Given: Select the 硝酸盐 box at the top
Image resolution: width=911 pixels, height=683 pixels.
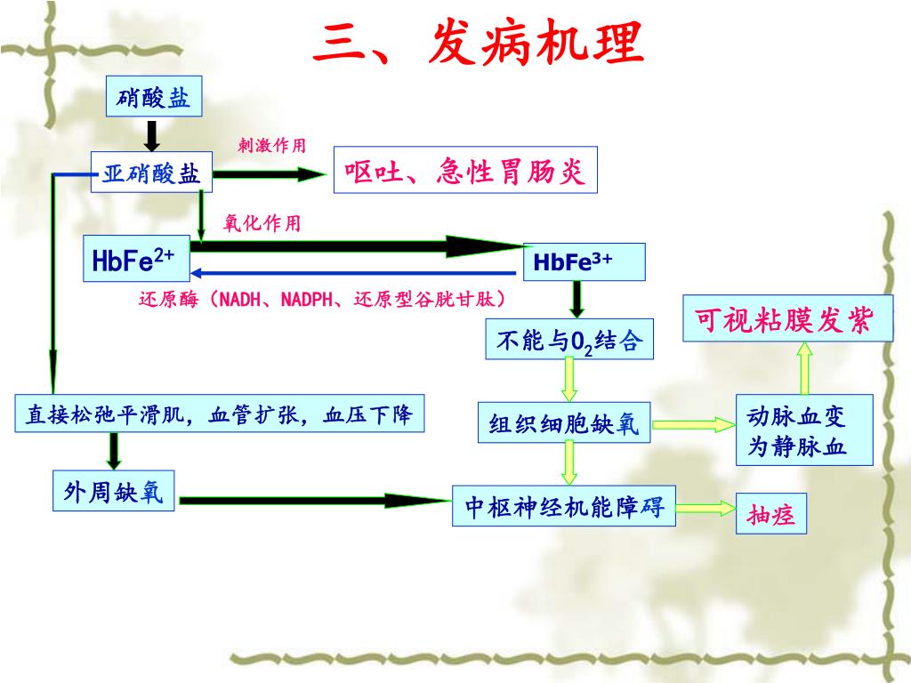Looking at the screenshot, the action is point(154,97).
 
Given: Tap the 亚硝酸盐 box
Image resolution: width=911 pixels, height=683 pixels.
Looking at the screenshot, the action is point(151,173).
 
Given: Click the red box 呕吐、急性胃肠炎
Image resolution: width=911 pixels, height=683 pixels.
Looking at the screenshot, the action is point(465,170).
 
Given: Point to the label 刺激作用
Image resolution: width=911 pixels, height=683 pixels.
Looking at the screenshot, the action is point(272,145).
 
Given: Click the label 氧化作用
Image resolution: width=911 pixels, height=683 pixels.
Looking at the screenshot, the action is point(262,223).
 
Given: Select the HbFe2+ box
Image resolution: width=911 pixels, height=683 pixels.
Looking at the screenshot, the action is point(136,259).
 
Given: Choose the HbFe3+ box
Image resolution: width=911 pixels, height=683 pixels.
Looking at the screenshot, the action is point(584,262).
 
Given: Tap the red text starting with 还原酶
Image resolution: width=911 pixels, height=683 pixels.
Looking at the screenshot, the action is point(326,299).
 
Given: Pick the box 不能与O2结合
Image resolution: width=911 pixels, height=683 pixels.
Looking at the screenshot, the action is point(569,341).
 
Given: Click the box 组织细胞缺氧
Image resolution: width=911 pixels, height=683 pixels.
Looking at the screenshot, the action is point(564,422).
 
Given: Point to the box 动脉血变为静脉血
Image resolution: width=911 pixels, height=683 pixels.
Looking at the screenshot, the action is point(804,431).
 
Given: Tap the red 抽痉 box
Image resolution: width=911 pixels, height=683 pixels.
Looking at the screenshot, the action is point(770,515).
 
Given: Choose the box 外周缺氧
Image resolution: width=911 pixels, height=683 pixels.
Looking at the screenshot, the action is point(113,490).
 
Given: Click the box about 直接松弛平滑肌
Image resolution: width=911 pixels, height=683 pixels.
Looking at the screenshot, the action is point(219,414).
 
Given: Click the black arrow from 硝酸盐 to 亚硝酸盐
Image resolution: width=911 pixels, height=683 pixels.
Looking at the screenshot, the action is point(152,134).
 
